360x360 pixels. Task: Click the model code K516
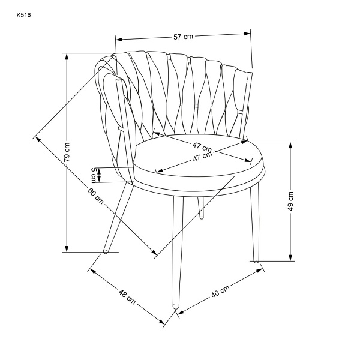[x=23, y=15]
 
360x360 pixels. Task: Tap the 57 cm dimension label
[x=183, y=37]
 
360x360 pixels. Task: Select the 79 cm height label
[x=67, y=152]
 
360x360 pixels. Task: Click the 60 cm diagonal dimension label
[x=96, y=196]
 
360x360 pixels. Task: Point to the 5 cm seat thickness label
[x=94, y=175]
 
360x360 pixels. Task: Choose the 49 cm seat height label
[x=290, y=201]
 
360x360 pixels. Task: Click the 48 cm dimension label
[x=127, y=297]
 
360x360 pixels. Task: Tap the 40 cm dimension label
[x=220, y=292]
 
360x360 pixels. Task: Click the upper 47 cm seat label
[x=202, y=147]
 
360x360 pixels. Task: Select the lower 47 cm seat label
[x=202, y=157]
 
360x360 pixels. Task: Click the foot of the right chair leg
[x=256, y=260]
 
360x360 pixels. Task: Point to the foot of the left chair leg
[x=106, y=251]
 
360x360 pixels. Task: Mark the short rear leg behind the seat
[x=201, y=208]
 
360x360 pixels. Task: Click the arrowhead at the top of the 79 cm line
[x=67, y=56]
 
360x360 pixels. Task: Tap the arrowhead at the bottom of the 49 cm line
[x=290, y=257]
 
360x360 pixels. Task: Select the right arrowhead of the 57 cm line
[x=247, y=34]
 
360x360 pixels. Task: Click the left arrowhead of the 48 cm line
[x=92, y=271]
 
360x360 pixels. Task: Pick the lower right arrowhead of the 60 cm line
[x=154, y=252]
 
